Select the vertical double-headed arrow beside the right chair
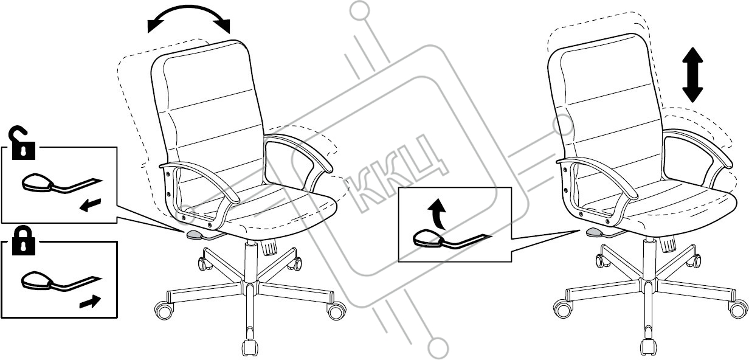pos(692,75)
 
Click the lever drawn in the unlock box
pos(49,184)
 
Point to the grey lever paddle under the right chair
pos(593,232)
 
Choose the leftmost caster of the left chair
pos(162,311)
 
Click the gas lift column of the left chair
pos(249,261)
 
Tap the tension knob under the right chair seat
pos(669,244)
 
